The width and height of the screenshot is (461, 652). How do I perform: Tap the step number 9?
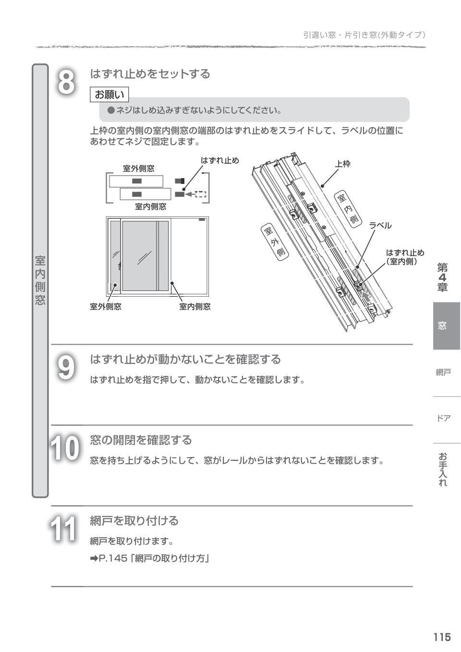click(x=66, y=368)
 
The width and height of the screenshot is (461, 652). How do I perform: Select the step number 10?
click(x=64, y=449)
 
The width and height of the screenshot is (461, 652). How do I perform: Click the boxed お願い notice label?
click(x=109, y=95)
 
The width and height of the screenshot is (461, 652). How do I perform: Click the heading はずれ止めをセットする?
click(x=150, y=74)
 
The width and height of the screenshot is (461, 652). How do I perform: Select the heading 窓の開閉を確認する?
click(x=141, y=440)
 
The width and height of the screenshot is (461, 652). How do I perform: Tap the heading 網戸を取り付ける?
click(x=134, y=520)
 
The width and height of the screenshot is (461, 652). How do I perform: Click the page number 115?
click(x=442, y=637)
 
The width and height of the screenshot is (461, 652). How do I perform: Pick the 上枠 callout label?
click(x=342, y=164)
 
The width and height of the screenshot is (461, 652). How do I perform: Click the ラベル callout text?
click(x=380, y=226)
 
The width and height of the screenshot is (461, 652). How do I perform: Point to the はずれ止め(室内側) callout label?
click(x=405, y=257)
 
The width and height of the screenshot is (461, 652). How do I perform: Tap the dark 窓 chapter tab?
click(x=442, y=326)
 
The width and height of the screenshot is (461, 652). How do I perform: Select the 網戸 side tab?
click(x=443, y=372)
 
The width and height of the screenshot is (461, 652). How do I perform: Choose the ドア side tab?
click(x=443, y=418)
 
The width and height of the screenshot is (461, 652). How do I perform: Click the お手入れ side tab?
click(x=443, y=470)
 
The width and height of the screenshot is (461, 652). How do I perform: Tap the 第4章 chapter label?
click(x=442, y=277)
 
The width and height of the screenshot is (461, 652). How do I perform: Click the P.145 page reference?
click(x=149, y=558)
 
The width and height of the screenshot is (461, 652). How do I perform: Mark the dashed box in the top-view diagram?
click(x=201, y=194)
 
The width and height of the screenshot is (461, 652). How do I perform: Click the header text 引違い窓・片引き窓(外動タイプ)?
click(x=364, y=35)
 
